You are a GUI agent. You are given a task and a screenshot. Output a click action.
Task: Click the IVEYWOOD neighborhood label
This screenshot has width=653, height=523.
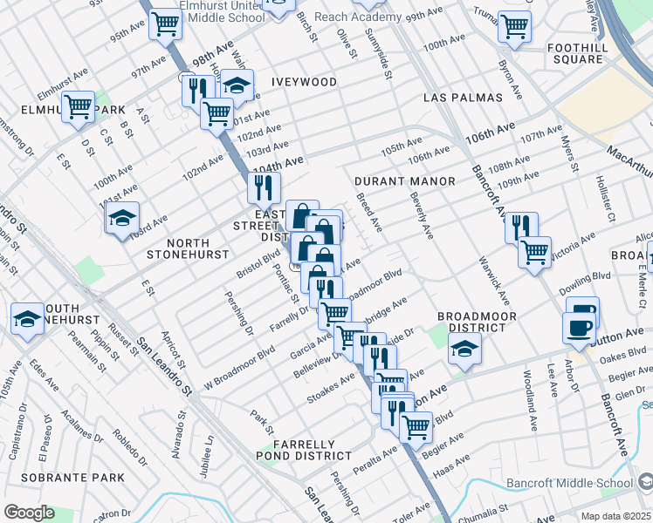[x=304, y=82]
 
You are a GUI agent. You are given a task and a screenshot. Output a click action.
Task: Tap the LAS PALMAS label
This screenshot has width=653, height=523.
[x=463, y=98]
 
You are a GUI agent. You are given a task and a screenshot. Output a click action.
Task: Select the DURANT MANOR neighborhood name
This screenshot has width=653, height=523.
[x=405, y=181]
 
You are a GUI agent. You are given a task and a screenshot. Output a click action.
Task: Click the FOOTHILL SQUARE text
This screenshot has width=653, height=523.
[x=576, y=53]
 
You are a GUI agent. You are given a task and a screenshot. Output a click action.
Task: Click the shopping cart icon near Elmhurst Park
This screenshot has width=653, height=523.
[x=78, y=107]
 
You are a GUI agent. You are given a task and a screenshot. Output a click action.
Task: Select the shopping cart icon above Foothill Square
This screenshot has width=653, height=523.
[x=514, y=24]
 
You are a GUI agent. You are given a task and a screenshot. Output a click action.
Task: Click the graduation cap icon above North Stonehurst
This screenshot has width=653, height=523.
[x=123, y=216]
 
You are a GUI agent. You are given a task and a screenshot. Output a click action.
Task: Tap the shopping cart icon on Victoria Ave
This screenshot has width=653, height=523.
[x=534, y=252]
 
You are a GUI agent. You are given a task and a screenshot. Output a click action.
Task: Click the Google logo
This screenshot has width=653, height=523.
[x=30, y=513]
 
